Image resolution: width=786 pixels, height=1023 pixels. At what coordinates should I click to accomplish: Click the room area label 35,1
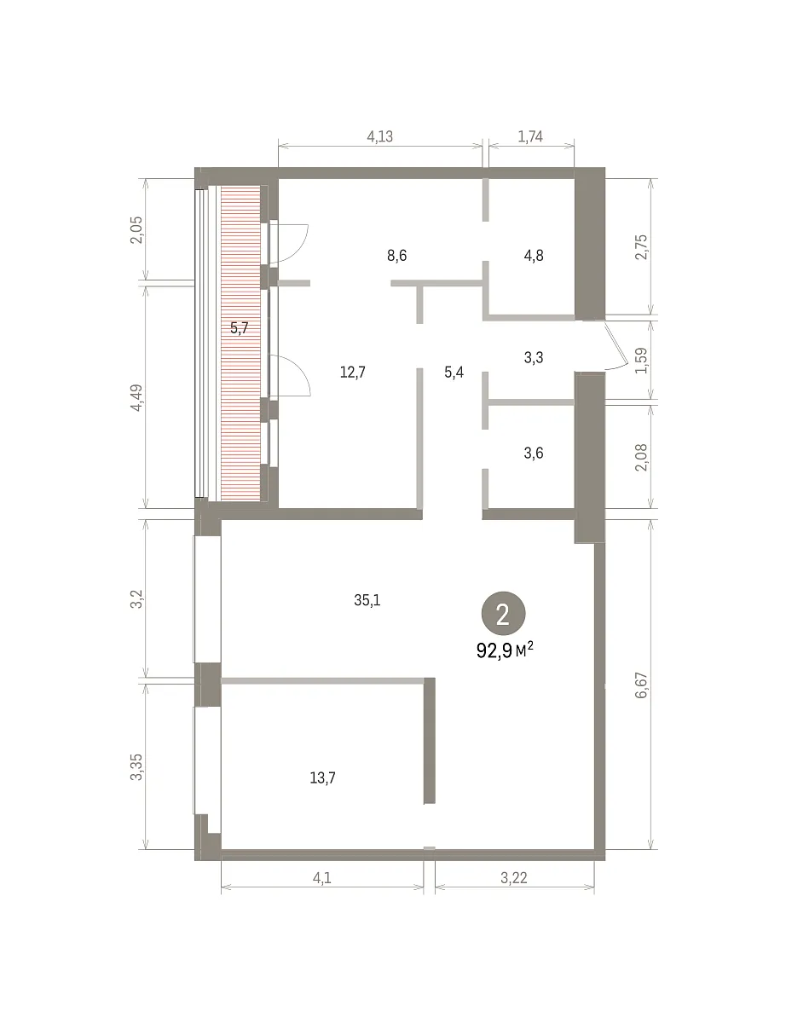(x=367, y=600)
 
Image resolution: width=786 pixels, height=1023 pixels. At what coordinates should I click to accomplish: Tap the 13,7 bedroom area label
(x=323, y=777)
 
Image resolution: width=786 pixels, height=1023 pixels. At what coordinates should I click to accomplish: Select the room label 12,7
(x=353, y=373)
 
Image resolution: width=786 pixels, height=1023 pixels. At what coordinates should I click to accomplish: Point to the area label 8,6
(x=396, y=256)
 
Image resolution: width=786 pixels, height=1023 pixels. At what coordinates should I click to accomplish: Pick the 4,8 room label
(x=534, y=256)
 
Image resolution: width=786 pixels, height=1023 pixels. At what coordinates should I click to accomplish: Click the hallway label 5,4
(x=454, y=373)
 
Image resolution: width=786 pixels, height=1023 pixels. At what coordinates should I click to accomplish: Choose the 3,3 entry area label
(x=534, y=357)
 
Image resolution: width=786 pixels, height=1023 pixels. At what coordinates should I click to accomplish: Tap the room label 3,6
(x=534, y=453)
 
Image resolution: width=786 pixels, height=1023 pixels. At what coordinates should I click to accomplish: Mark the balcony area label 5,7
(x=240, y=327)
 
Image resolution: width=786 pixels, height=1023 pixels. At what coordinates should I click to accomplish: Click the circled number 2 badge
(x=503, y=614)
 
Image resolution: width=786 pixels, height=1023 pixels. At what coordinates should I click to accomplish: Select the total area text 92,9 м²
(x=505, y=650)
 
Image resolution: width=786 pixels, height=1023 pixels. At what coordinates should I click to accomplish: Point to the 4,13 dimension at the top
(x=380, y=136)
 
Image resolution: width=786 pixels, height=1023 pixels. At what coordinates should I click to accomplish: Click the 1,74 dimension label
(x=530, y=136)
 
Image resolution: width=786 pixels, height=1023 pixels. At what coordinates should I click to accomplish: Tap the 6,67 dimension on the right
(x=642, y=685)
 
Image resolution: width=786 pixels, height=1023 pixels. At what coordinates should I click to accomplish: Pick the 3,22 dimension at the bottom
(x=514, y=877)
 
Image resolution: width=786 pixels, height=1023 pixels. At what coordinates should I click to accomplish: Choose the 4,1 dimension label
(x=322, y=877)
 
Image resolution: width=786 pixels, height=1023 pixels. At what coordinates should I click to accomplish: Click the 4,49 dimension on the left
(x=136, y=398)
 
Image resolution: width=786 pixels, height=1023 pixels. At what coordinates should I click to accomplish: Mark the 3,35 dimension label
(x=136, y=767)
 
